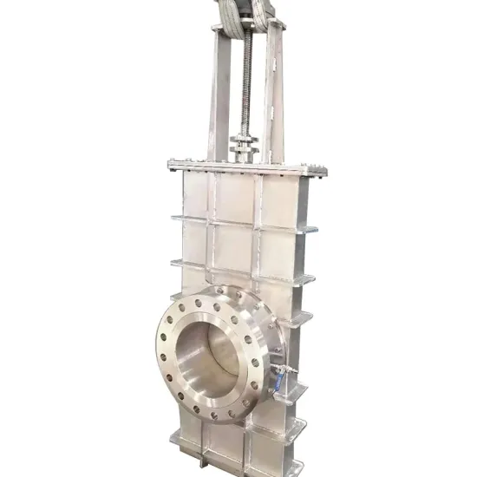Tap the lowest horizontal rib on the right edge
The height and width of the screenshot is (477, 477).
tap(297, 425)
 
